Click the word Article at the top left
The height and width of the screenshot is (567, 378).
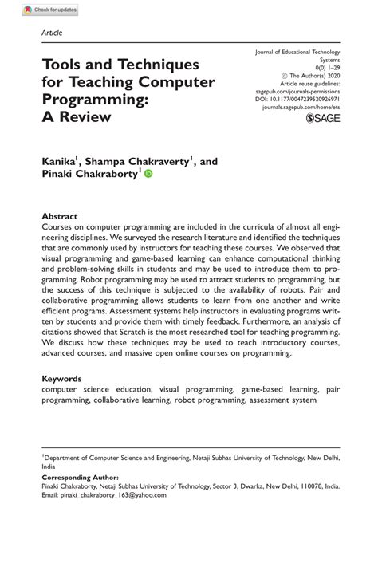pyautogui.click(x=51, y=33)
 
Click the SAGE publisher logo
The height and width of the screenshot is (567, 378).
pyautogui.click(x=322, y=117)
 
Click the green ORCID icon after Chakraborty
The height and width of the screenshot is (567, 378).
pyautogui.click(x=148, y=173)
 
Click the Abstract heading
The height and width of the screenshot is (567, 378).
pyautogui.click(x=59, y=217)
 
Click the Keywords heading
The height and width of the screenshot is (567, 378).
pyautogui.click(x=61, y=379)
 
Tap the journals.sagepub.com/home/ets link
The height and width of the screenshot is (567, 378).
pyautogui.click(x=301, y=106)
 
